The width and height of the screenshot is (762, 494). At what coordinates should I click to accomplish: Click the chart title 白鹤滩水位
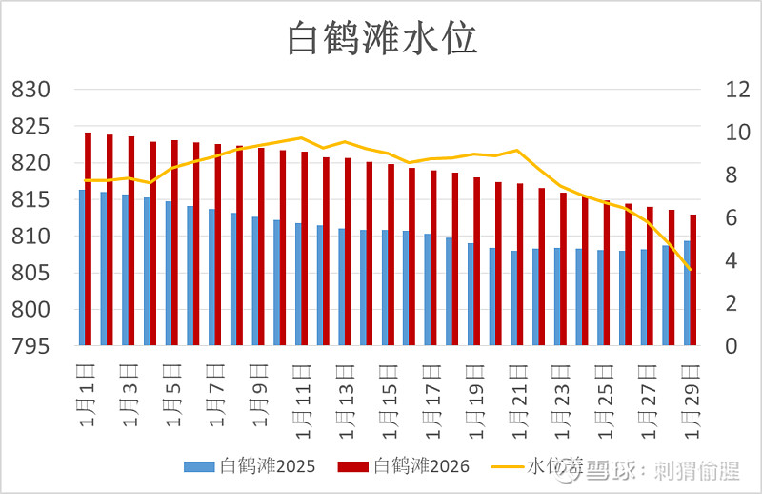coord(382,39)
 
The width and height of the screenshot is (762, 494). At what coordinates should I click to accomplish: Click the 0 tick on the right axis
coord(705,346)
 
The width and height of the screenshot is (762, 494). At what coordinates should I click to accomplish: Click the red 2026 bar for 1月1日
coord(89,238)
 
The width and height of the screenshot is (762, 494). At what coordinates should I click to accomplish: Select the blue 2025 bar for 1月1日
coord(82,267)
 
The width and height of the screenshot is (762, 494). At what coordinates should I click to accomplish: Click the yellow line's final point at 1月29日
coord(690,270)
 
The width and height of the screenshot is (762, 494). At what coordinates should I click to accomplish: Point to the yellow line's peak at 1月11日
coord(301,138)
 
